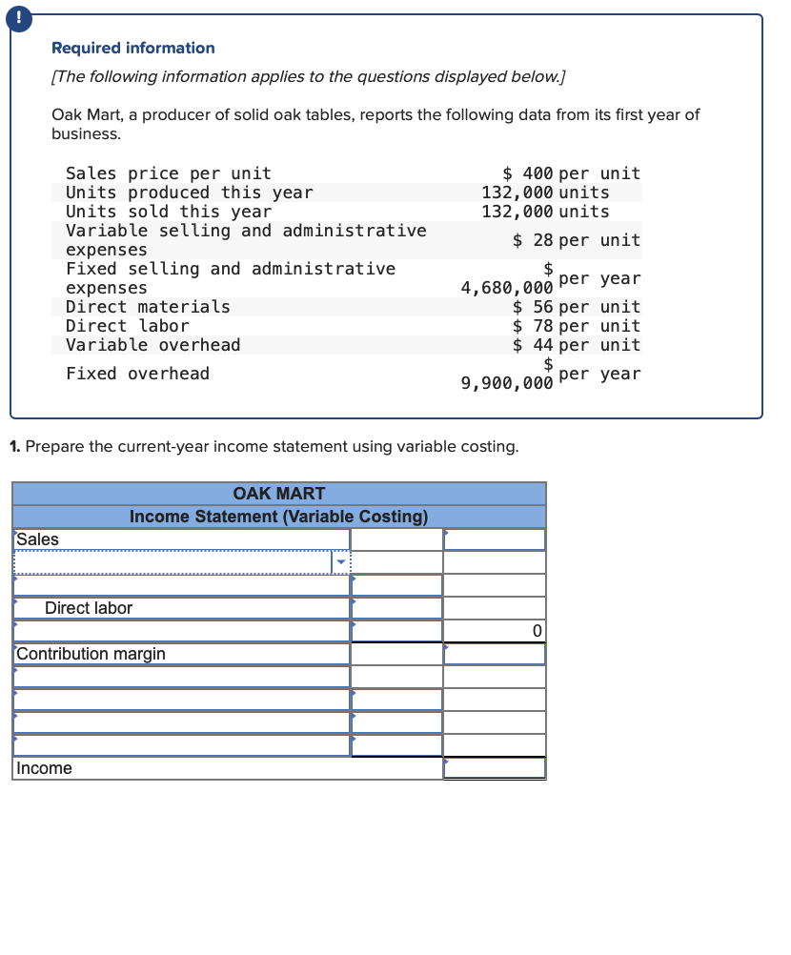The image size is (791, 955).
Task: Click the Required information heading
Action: pos(132,48)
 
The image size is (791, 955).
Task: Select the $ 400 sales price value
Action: pos(529,173)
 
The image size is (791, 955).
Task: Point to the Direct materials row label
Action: pos(148,307)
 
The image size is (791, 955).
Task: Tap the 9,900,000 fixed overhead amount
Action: pos(506,383)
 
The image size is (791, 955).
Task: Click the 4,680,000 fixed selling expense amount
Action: pos(506,288)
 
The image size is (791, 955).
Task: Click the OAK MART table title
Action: pos(278,494)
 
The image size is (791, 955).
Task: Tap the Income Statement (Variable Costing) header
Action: pos(278,517)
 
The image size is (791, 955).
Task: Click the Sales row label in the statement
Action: pos(38,539)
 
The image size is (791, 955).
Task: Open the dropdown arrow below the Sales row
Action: pos(341,562)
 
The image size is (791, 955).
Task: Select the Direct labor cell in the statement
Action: pos(89,608)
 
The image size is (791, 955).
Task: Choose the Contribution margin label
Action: pos(91,654)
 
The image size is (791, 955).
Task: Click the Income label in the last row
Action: pos(44,768)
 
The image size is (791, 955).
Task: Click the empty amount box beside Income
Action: pos(494,768)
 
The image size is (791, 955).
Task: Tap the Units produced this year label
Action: pos(189,193)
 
